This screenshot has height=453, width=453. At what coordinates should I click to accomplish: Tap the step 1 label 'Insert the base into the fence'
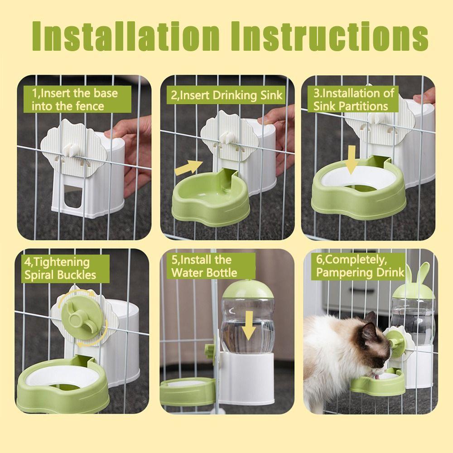tap(74, 100)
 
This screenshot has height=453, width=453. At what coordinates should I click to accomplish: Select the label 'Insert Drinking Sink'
tap(226, 96)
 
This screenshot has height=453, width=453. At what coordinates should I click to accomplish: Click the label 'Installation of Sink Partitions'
tap(354, 100)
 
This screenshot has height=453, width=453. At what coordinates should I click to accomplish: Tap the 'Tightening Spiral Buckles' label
tap(61, 268)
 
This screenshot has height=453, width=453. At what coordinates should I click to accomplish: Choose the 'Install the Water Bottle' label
tap(204, 266)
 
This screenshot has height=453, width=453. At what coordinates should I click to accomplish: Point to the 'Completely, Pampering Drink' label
tap(360, 266)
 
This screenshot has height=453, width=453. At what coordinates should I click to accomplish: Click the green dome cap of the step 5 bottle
tap(248, 292)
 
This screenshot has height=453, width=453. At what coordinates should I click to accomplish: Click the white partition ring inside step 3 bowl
tap(354, 181)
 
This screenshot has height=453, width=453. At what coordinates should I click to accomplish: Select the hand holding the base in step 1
tap(129, 149)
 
